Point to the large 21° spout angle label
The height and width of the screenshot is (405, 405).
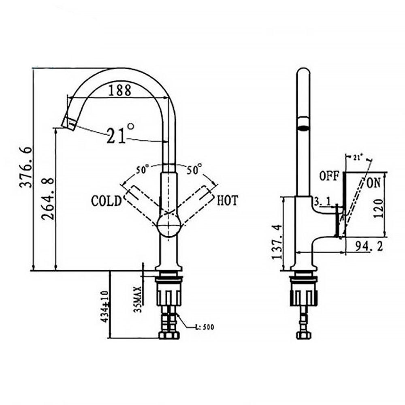coord(119,134)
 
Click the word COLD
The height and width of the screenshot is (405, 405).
coord(106,201)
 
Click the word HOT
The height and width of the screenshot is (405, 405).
coord(228,200)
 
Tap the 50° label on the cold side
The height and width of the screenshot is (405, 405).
coord(143,169)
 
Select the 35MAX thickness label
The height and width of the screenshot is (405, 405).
coord(138,300)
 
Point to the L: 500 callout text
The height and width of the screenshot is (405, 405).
coord(204,327)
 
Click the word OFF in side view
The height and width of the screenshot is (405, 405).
coord(329,176)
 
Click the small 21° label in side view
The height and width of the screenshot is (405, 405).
coord(356,157)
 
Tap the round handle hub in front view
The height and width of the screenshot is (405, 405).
coord(168,225)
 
